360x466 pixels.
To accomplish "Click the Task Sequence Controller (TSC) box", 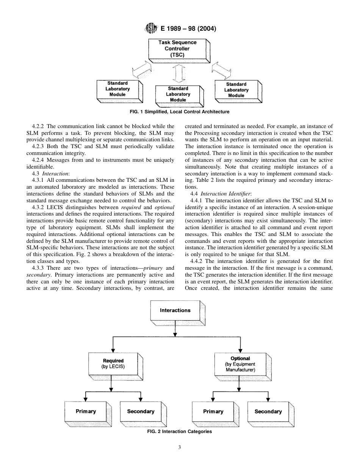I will [177, 49].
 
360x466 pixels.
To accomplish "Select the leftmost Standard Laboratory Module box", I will [118, 89].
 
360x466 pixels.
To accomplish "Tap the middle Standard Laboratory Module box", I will [178, 94].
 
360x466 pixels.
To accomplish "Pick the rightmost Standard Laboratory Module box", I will [236, 90].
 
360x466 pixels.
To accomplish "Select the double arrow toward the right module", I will [222, 70].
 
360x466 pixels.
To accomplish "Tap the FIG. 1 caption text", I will [180, 112].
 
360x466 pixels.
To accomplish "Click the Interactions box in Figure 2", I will [175, 310].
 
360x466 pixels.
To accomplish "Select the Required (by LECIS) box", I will [113, 363].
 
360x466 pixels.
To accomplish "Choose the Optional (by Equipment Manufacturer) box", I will [240, 363].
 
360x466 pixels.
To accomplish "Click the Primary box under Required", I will [86, 411].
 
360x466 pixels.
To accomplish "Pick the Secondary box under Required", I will [141, 411].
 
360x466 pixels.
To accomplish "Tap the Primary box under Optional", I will [213, 411].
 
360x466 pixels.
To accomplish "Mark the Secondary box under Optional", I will [268, 411].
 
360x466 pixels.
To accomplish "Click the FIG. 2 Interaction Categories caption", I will [180, 431].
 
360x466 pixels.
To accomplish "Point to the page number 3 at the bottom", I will [180, 447].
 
